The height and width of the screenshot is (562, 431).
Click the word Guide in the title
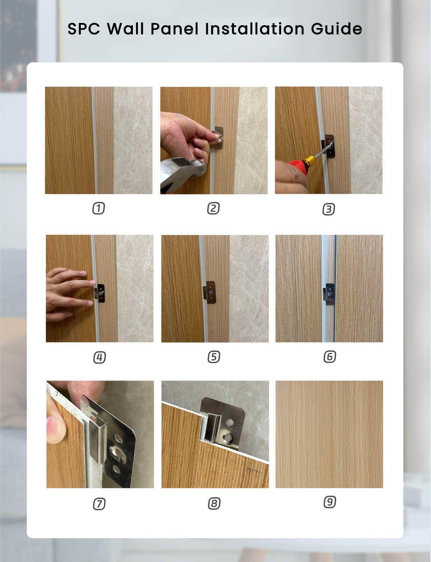tap(336, 29)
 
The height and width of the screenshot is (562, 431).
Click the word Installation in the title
tap(255, 29)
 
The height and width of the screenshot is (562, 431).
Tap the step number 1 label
tap(98, 209)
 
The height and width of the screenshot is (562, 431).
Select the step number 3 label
tap(328, 209)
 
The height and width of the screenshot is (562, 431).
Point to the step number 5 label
tap(214, 357)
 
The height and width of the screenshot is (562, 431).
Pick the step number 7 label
tap(99, 504)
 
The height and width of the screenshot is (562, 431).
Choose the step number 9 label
tap(329, 502)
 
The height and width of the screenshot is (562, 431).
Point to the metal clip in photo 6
tap(330, 292)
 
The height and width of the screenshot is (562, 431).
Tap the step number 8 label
tap(214, 504)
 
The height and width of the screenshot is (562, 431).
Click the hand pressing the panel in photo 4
tap(66, 292)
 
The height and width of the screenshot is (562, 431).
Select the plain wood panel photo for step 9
tap(329, 434)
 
